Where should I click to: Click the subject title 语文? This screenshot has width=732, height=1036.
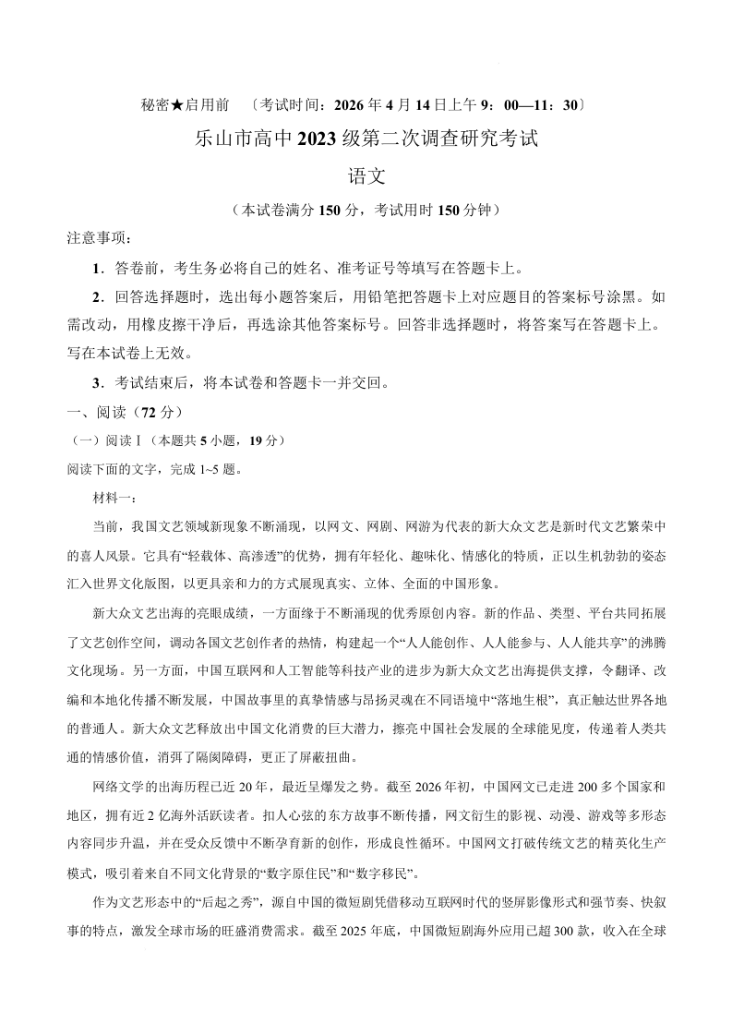coord(366,175)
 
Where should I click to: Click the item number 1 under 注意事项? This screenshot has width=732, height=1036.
coord(97,269)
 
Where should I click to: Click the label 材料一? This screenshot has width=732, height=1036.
coord(113,499)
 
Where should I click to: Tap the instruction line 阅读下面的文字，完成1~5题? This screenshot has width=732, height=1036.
coord(155,469)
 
